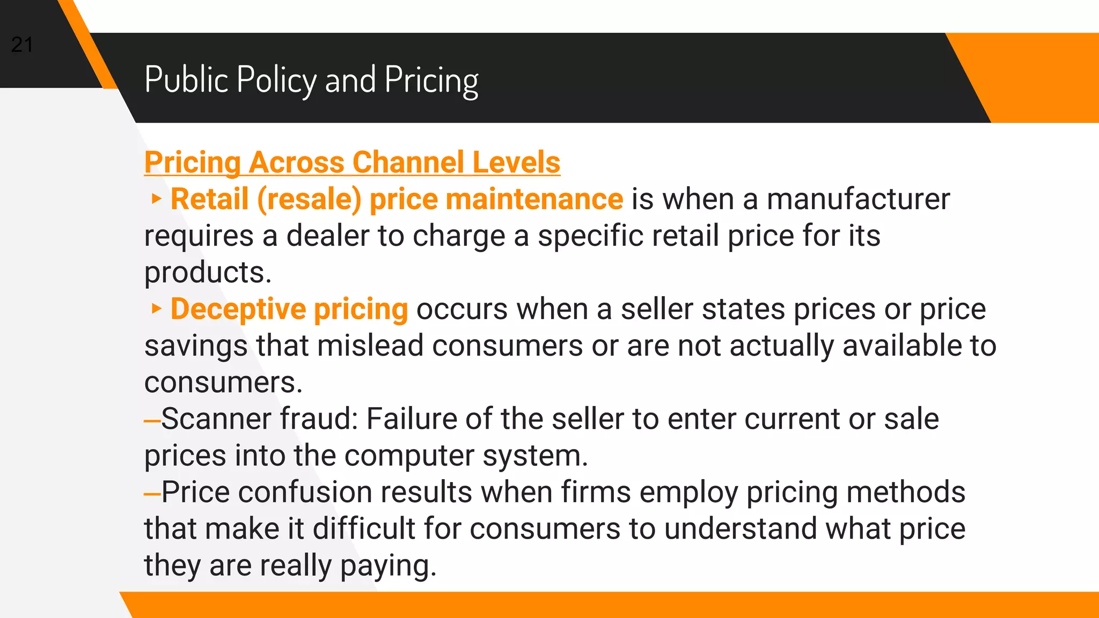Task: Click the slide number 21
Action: pos(22,45)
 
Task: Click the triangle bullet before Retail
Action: pos(156,199)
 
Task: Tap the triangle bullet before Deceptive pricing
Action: pos(156,308)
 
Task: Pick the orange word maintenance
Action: pos(534,199)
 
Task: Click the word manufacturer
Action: pos(858,199)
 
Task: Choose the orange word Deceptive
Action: pos(238,309)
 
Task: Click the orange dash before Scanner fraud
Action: pos(152,420)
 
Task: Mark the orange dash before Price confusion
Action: pos(152,493)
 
